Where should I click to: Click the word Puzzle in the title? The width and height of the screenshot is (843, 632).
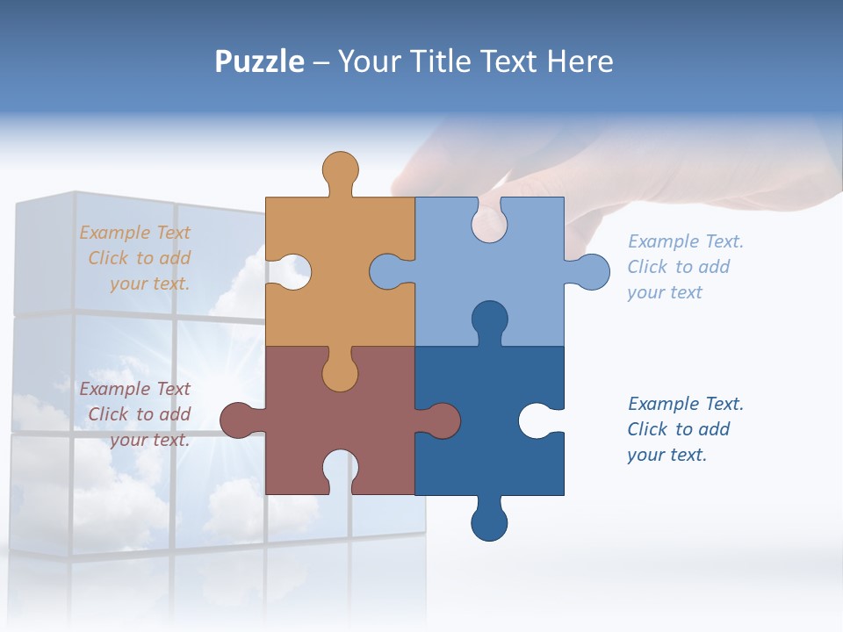click(260, 61)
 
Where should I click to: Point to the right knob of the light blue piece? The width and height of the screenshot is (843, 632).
click(591, 272)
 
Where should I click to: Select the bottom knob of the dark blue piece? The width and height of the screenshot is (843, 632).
click(489, 522)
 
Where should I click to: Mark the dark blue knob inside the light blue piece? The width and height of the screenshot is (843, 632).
click(489, 320)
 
